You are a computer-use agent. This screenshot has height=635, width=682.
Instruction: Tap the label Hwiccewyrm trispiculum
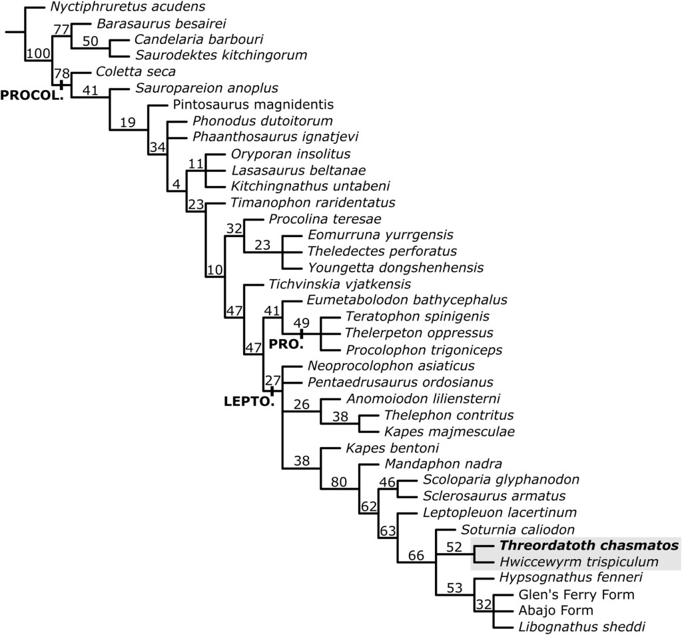579,562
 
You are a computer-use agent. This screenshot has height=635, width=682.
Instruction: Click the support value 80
338,482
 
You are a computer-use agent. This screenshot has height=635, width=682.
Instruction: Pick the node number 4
176,185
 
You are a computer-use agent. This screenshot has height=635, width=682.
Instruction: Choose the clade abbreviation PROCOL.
31,95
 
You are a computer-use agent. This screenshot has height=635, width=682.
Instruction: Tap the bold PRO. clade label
286,344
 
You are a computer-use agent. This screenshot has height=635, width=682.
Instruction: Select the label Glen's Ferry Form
575,594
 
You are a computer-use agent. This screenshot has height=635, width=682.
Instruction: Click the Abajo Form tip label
555,610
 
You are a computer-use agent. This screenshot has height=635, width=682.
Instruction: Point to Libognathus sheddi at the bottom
571,626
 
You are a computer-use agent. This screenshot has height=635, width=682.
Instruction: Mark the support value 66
416,555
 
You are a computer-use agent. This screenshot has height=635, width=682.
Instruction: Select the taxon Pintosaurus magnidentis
253,105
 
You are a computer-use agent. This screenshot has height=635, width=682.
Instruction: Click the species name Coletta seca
127,72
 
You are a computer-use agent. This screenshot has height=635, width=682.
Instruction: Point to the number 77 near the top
61,29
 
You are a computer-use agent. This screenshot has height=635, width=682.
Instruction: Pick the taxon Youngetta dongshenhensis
395,268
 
